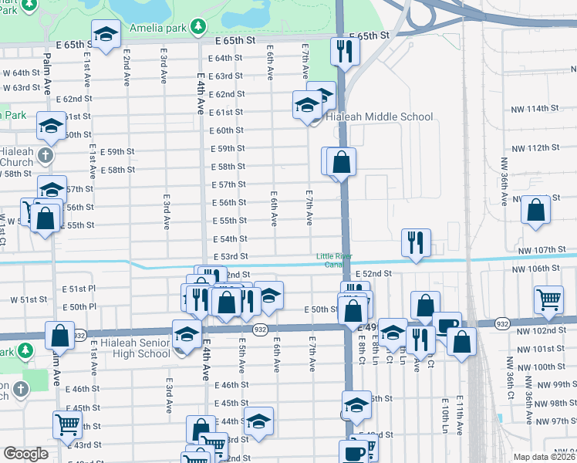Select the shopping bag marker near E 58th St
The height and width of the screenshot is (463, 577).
[x=341, y=162]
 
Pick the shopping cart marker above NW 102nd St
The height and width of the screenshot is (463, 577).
[x=549, y=299]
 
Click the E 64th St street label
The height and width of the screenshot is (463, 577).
[x=227, y=58]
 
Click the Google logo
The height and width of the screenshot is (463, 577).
[x=25, y=454]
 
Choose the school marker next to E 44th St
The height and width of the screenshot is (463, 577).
[x=259, y=421]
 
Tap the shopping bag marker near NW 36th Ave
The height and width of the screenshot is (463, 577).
[x=535, y=210]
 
